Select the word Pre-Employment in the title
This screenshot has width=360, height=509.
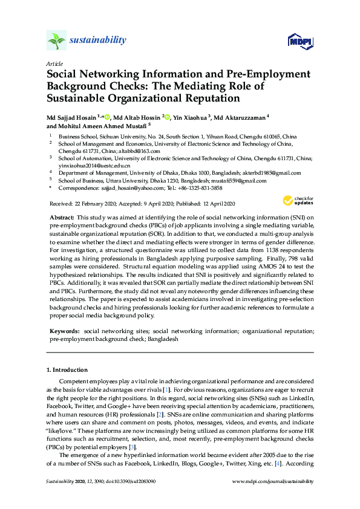click(265, 74)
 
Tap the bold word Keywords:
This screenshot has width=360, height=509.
click(65, 331)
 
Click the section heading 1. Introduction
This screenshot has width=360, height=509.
click(67, 369)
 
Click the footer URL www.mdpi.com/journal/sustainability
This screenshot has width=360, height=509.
click(273, 481)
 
